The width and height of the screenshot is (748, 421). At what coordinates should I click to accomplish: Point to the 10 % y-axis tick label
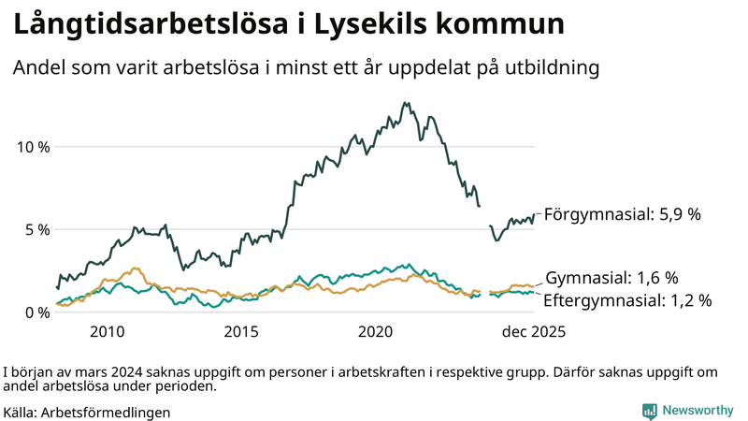pyautogui.click(x=33, y=147)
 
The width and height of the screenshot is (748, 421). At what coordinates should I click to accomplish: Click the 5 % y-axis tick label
pyautogui.click(x=37, y=229)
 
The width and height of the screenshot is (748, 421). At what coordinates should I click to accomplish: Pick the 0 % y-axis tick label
pyautogui.click(x=37, y=312)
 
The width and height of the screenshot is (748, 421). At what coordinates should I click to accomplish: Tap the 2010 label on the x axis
pyautogui.click(x=107, y=331)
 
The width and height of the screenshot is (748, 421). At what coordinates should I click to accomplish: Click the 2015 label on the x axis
pyautogui.click(x=241, y=331)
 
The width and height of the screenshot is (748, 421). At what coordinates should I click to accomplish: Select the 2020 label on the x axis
pyautogui.click(x=376, y=331)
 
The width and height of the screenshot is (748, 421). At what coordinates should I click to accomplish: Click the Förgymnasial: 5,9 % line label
pyautogui.click(x=622, y=214)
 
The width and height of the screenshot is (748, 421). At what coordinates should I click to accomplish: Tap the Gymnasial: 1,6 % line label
pyautogui.click(x=611, y=278)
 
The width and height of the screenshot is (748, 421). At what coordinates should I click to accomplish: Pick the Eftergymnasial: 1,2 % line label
pyautogui.click(x=627, y=300)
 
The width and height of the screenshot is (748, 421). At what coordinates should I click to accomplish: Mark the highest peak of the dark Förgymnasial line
pyautogui.click(x=404, y=103)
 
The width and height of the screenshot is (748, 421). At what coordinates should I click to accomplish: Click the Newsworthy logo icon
pyautogui.click(x=648, y=411)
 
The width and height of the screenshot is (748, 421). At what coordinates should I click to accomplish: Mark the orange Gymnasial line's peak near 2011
pyautogui.click(x=136, y=269)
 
